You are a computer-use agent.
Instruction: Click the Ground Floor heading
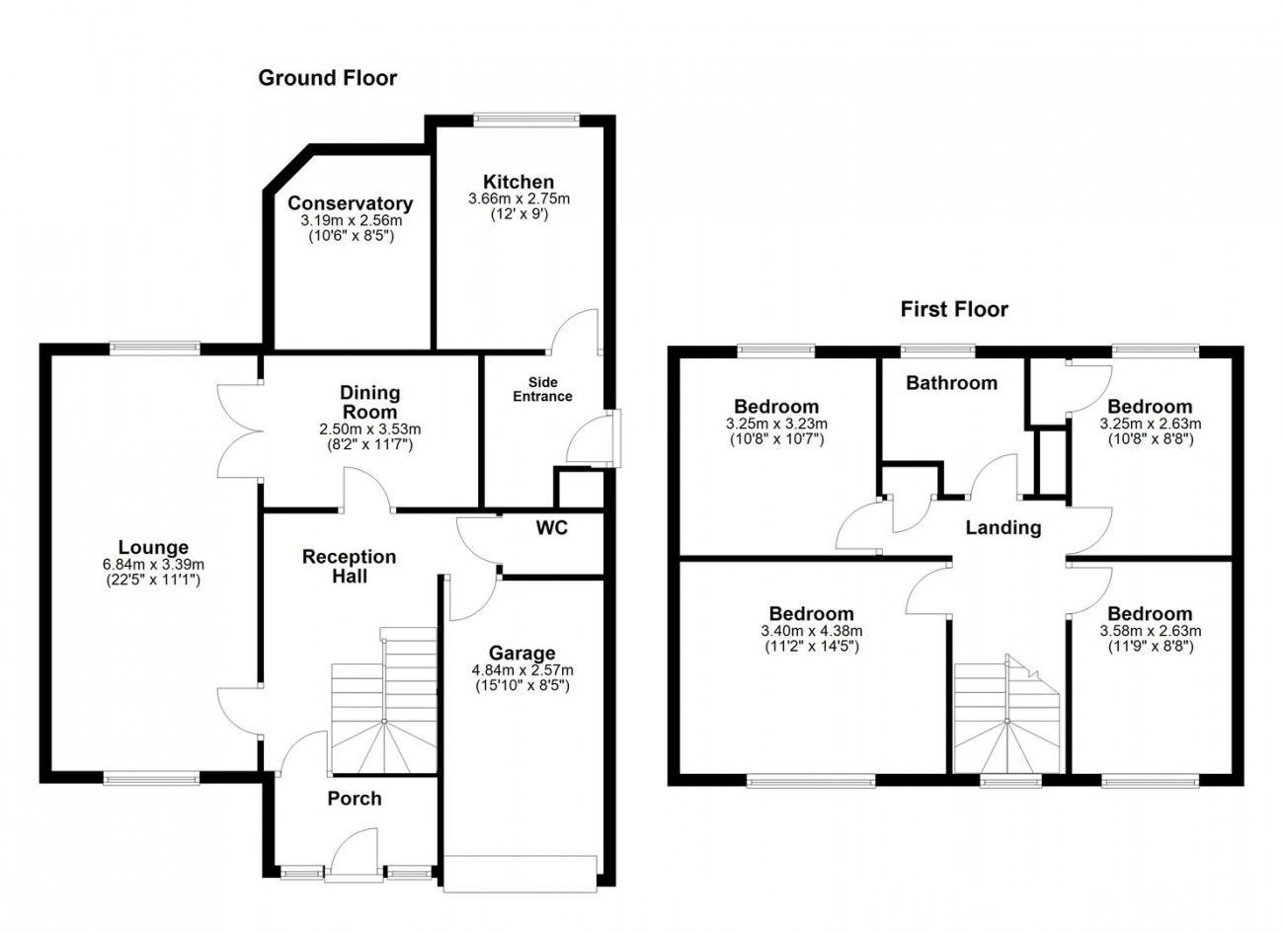327,78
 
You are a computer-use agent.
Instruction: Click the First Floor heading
953,309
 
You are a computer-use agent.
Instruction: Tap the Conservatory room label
350,203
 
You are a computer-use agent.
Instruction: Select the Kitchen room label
519,182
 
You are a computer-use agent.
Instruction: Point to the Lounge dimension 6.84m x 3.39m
153,564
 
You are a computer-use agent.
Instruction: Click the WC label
551,528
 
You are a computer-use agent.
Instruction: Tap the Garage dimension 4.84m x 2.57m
522,669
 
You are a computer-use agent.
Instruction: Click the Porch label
354,799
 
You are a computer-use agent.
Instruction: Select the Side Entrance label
542,389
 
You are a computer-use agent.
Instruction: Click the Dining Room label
369,402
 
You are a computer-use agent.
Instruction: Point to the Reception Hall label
349,566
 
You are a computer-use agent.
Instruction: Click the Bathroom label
951,383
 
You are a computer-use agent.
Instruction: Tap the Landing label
1003,527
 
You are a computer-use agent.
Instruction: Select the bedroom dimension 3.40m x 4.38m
811,631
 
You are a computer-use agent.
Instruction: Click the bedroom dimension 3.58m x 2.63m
1150,631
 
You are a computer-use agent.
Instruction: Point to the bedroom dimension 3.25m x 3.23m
775,424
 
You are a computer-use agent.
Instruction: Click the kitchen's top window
525,118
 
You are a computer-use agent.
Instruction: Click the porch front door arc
354,852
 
